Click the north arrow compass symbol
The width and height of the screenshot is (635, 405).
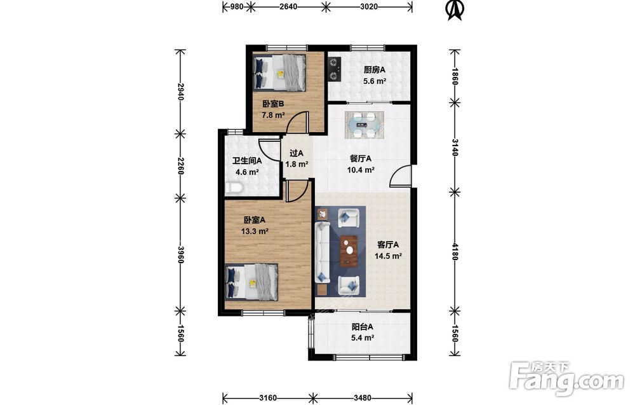click(455, 10)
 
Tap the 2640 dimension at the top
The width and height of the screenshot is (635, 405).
click(288, 6)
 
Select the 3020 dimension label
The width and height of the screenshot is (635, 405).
click(368, 6)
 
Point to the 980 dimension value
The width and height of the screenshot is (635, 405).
click(237, 6)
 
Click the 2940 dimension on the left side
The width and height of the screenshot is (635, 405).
click(180, 92)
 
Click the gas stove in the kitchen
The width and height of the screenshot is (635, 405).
click(334, 69)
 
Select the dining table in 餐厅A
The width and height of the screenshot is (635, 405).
click(364, 125)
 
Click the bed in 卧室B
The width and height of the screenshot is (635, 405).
click(279, 72)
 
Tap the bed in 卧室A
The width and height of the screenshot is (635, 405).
click(251, 282)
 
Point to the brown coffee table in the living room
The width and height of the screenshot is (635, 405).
click(349, 251)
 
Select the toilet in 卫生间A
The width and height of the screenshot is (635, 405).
click(234, 188)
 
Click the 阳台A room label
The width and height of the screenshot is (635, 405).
click(363, 327)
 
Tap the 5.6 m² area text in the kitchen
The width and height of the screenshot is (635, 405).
click(375, 81)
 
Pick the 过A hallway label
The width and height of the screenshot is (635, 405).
click(297, 153)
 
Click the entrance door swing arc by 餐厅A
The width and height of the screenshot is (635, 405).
click(398, 174)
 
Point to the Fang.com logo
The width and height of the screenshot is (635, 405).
click(566, 379)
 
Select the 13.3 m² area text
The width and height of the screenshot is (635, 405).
click(255, 231)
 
